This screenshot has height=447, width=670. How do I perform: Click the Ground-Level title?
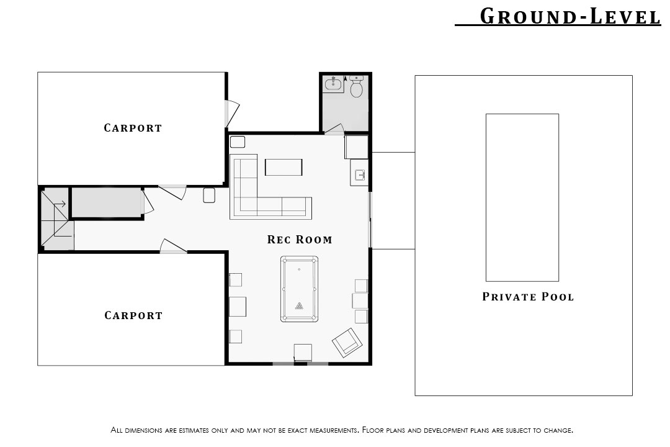click(571, 16)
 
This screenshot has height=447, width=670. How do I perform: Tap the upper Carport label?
click(133, 128)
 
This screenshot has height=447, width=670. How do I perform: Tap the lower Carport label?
click(133, 315)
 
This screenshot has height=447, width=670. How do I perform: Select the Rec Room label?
click(300, 240)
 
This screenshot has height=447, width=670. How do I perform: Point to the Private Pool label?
click(528, 296)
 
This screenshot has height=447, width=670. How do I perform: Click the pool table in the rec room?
click(299, 289)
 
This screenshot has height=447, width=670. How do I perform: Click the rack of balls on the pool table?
click(299, 305)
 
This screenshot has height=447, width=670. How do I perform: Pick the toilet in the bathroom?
click(356, 86)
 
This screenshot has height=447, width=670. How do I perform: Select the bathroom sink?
click(333, 84)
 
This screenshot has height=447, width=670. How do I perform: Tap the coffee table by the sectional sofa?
click(284, 167)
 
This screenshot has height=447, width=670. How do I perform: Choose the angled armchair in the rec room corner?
click(347, 343)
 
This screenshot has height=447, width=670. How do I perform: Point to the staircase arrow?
click(60, 204)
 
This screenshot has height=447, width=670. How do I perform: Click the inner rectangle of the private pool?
click(522, 197)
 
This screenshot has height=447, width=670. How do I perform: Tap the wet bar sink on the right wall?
click(360, 175)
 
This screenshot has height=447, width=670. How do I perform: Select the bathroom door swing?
click(334, 129)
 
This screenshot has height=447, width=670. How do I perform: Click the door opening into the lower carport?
click(173, 246)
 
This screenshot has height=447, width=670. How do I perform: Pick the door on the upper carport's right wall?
click(232, 114)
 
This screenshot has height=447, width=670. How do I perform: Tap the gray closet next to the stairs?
click(107, 202)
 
